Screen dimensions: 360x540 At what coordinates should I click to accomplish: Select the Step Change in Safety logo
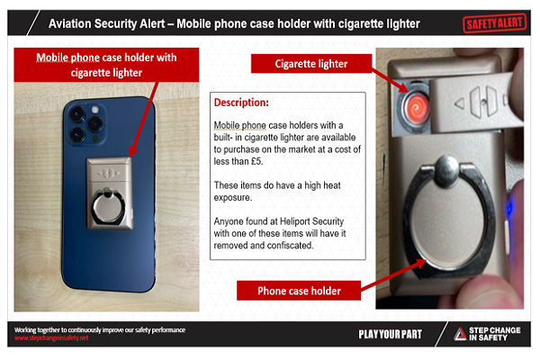486,335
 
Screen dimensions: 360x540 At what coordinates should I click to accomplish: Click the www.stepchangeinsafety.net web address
52,338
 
